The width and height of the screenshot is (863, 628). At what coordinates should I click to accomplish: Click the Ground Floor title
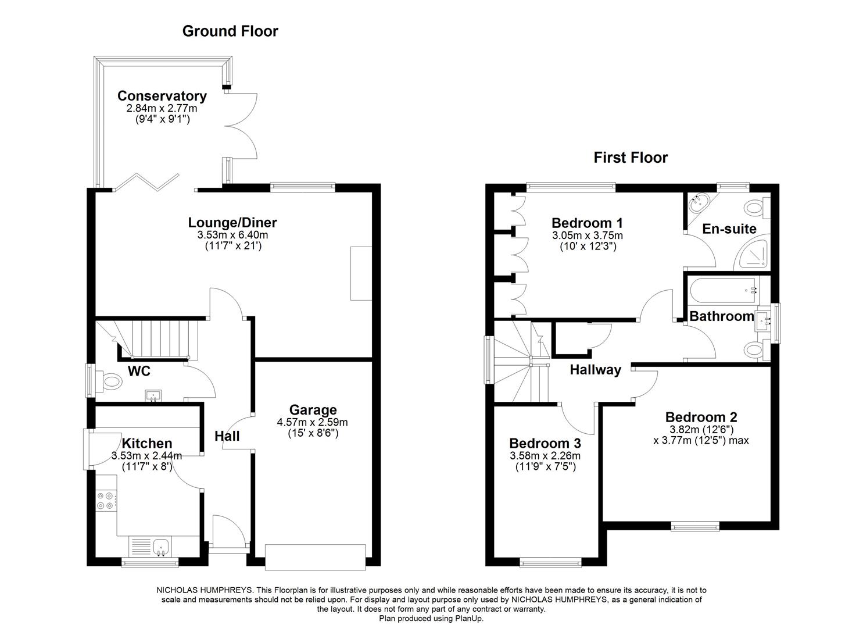tap(230, 31)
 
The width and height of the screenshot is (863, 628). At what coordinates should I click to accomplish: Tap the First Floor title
tap(631, 158)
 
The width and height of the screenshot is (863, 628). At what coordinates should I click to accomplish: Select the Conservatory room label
tap(162, 96)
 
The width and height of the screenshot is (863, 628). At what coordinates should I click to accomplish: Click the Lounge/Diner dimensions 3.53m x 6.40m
tap(232, 235)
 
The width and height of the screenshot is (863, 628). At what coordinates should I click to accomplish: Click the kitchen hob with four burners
tap(106, 501)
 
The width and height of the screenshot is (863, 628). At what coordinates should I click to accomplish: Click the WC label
tap(139, 371)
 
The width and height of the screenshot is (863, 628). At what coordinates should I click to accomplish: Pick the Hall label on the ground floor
tap(227, 436)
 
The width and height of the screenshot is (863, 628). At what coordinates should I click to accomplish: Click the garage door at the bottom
tap(315, 555)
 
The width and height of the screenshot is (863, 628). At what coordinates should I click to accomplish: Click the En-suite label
tap(729, 229)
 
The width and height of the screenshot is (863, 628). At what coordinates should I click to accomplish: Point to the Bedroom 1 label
tap(587, 223)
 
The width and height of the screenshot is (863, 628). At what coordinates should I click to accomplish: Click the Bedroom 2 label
tap(701, 418)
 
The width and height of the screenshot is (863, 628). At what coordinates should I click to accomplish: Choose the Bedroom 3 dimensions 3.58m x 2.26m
tap(545, 456)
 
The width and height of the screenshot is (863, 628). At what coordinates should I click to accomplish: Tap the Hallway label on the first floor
tap(595, 370)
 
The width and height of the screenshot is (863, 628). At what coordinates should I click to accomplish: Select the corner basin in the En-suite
tap(699, 203)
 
